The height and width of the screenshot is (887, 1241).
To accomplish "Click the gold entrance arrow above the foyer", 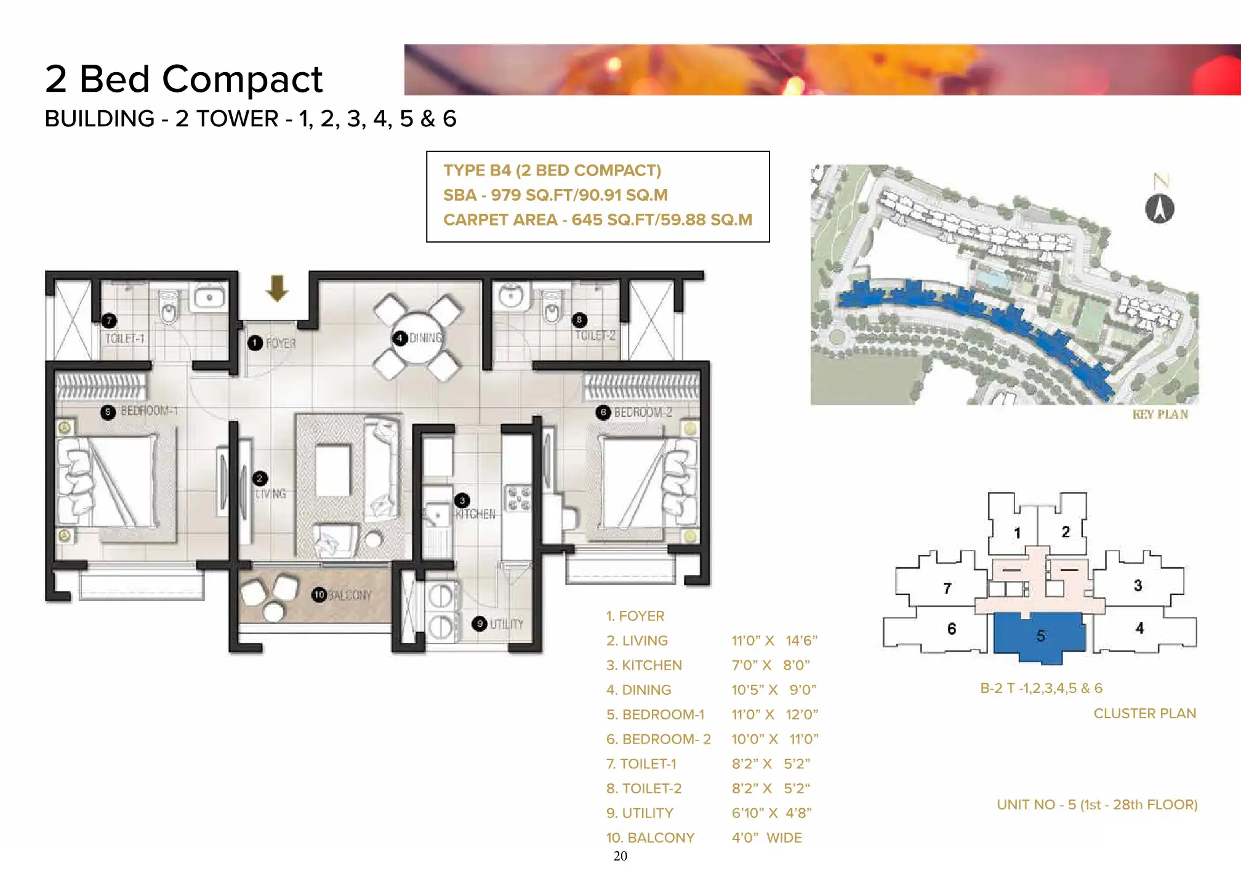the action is [277, 288].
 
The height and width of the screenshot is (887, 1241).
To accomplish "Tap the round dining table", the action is [418, 338].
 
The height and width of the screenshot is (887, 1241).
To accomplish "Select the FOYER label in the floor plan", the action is [281, 343].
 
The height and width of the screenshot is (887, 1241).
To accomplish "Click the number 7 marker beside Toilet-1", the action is [109, 320].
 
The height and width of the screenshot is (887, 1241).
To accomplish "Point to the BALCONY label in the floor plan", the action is [350, 595].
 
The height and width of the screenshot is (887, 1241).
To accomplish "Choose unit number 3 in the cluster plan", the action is [1138, 585].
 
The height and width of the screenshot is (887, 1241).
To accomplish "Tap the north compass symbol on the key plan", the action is [1160, 208].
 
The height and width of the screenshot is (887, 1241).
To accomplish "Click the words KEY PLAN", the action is [1160, 415].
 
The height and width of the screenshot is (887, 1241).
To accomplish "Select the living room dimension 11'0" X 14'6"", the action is [774, 641].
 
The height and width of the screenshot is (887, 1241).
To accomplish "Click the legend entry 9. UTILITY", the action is [640, 813].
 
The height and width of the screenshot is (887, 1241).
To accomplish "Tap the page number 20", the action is [620, 856].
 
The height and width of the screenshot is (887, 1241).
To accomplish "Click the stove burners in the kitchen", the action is [518, 498].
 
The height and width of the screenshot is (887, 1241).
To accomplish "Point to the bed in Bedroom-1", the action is [108, 481].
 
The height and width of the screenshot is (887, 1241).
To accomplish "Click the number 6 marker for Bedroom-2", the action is [603, 412].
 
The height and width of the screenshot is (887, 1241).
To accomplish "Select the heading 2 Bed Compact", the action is [183, 79].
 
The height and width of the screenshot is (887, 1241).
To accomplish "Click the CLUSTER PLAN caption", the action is [1145, 713].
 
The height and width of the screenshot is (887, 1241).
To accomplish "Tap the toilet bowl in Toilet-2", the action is [552, 310].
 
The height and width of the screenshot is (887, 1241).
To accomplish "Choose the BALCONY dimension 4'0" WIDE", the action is [766, 838].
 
